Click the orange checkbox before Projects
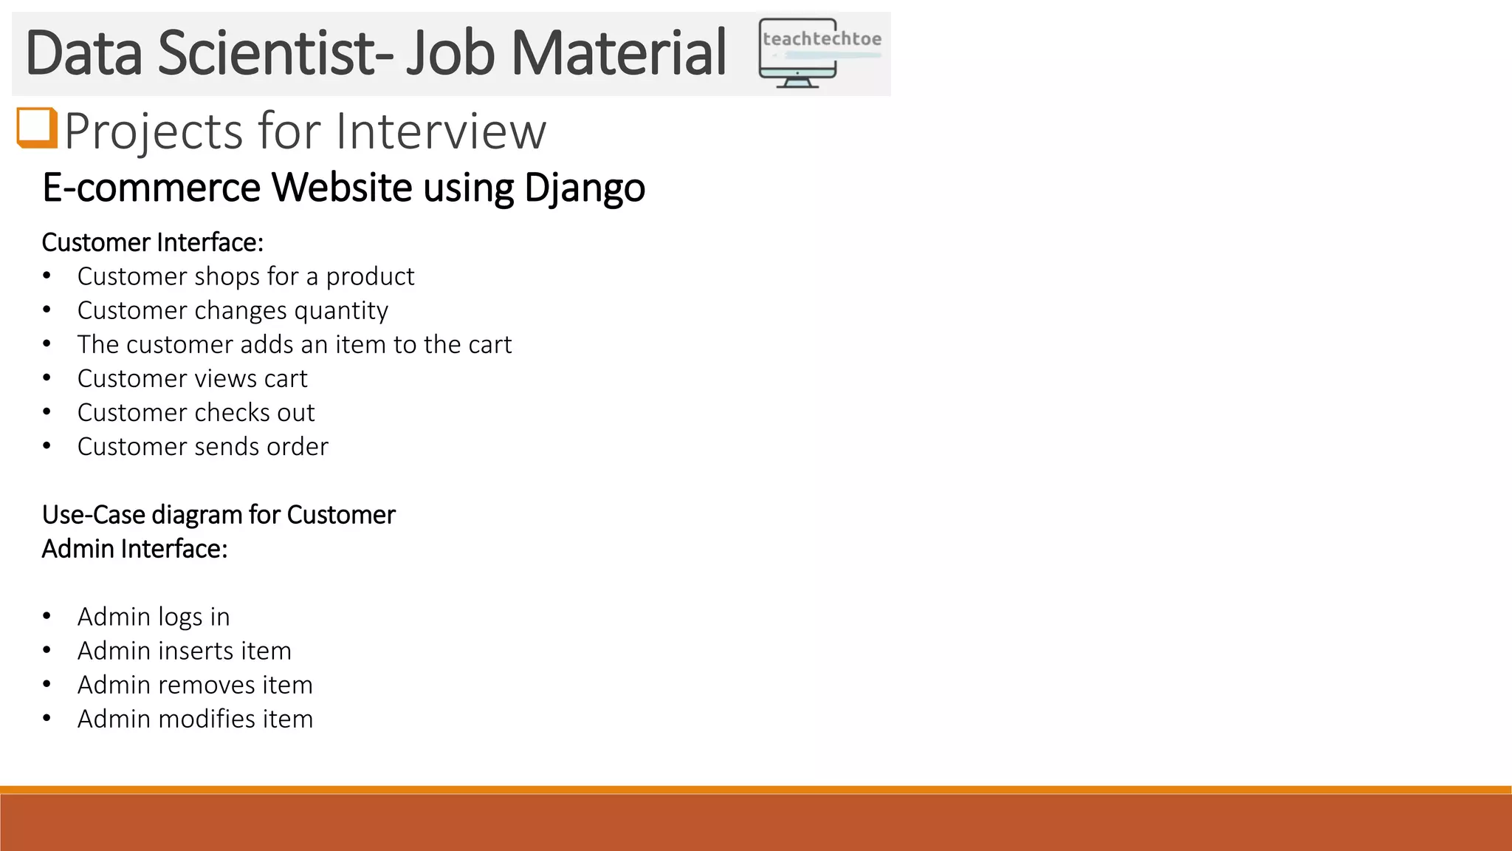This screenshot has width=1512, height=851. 37,128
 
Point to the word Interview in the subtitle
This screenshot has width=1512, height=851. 441,131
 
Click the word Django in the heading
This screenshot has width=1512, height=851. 585,188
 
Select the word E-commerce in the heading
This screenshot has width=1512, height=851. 151,188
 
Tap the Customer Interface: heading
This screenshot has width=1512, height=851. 153,242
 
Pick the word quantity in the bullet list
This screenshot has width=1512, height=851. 341,311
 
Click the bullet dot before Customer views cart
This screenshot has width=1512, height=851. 47,378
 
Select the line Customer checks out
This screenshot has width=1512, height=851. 196,412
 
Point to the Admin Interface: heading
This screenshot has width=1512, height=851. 134,549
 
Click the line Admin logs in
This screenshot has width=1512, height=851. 154,617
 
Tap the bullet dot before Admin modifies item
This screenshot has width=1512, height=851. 47,719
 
